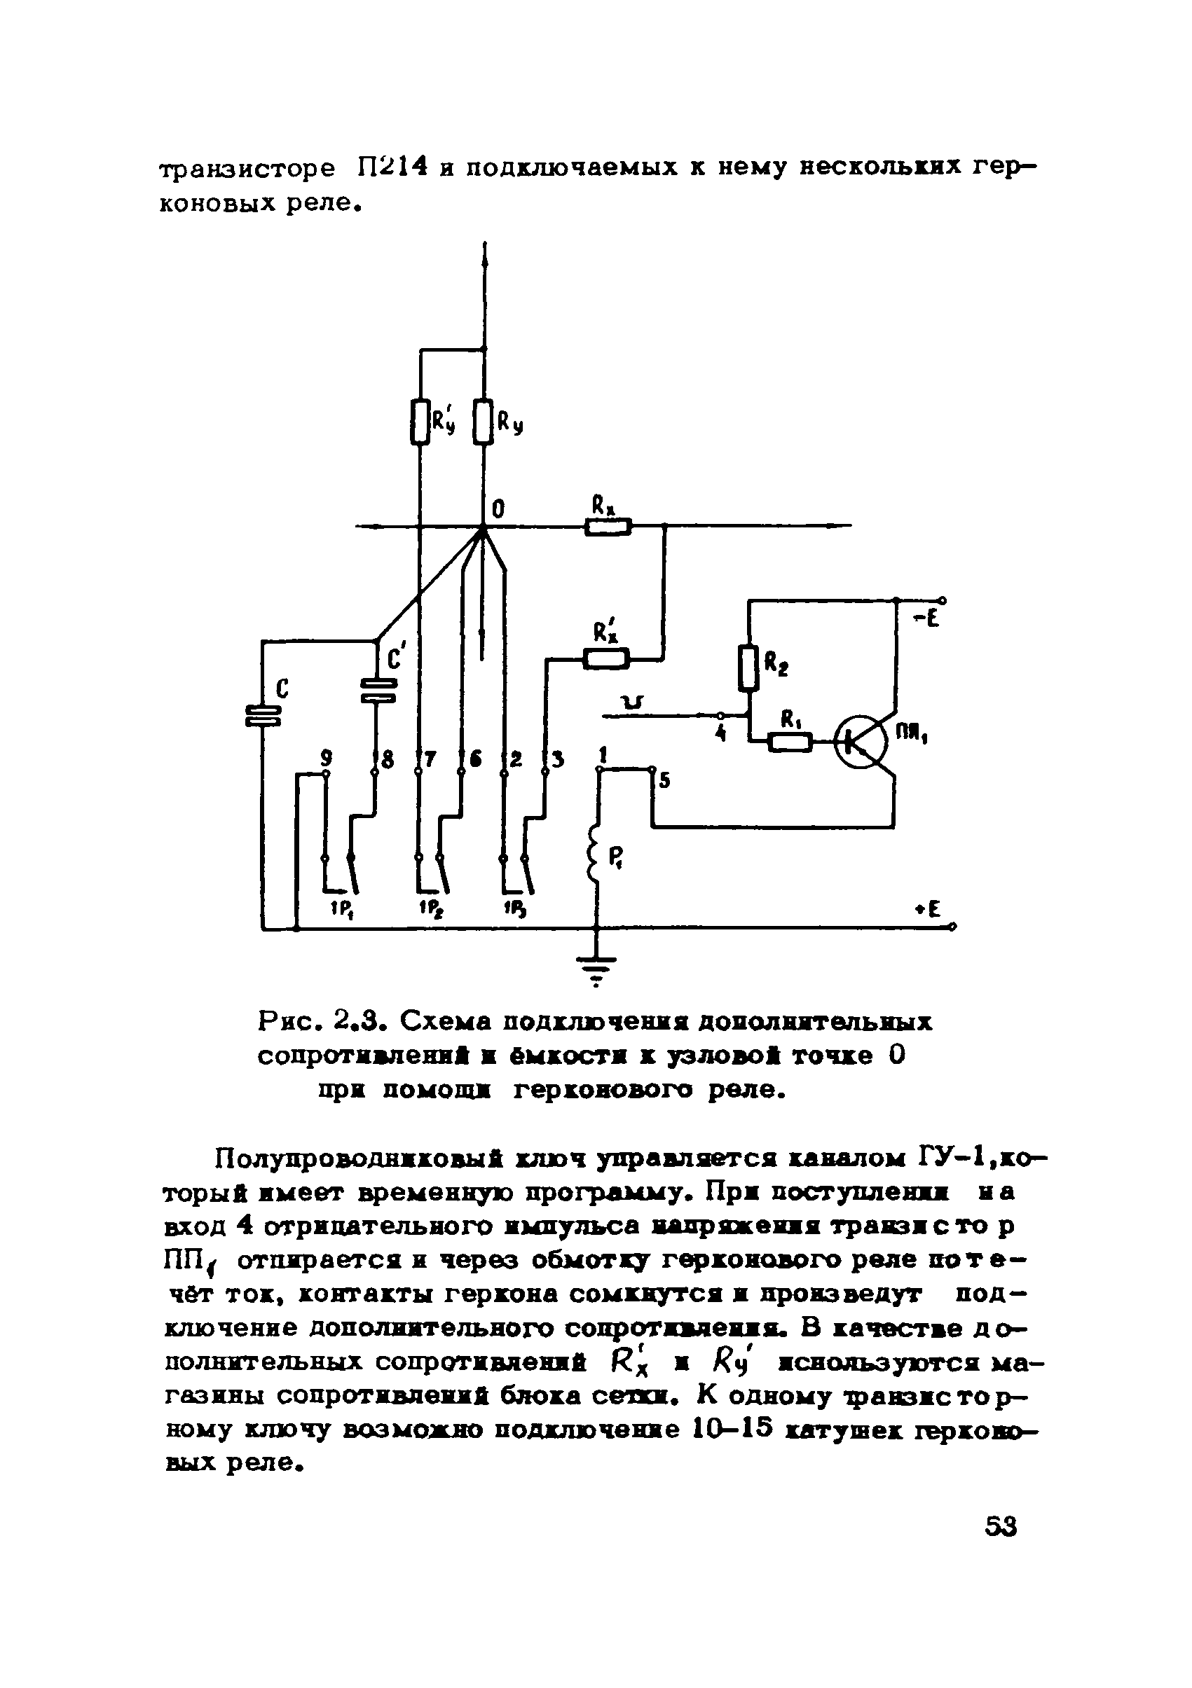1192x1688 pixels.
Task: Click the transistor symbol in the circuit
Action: coord(863,742)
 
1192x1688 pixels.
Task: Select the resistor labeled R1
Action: coord(790,743)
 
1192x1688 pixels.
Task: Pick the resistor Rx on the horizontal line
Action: coord(608,527)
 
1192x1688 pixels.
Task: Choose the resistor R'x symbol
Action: coord(606,658)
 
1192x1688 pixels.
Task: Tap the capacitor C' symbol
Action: coord(378,691)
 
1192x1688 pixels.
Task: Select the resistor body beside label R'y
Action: coord(419,422)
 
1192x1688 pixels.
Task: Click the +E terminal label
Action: coord(928,909)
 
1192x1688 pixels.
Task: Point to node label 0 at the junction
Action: coord(498,509)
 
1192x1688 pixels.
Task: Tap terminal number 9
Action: coord(326,756)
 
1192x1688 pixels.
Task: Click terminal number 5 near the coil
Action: coord(664,781)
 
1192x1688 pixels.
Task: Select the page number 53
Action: coord(1000,1528)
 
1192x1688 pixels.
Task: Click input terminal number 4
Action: coord(721,734)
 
